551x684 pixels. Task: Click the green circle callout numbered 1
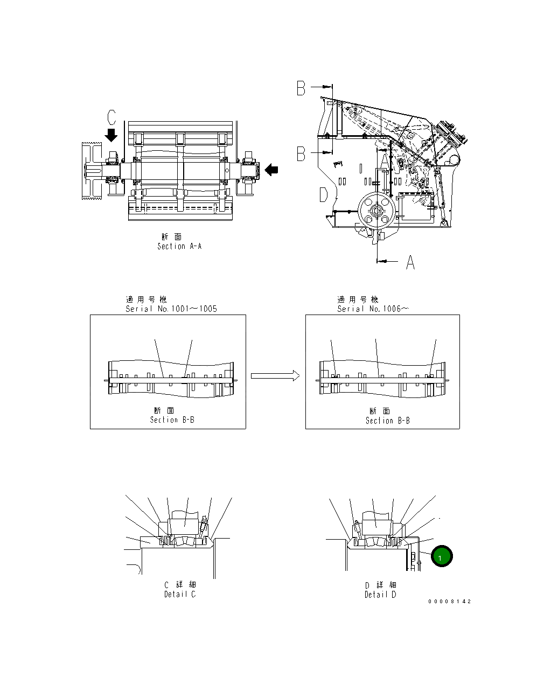pos(441,557)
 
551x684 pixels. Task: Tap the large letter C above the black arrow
pos(111,117)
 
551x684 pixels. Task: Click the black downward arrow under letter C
pos(111,134)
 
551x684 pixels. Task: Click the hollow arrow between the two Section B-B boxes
pos(275,375)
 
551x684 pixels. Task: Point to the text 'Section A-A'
pos(179,246)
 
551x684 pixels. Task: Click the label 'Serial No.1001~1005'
pos(171,309)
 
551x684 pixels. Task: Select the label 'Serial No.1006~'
pos(373,309)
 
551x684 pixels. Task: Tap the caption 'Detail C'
pos(180,594)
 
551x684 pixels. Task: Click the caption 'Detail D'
pos(380,594)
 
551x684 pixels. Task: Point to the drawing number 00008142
pos(450,601)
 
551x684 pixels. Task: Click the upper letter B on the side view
pos(302,88)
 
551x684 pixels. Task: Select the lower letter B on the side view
pos(302,154)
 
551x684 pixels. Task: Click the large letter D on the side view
pos(323,194)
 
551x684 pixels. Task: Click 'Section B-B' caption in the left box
pos(172,420)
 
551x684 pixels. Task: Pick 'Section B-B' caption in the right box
pos(387,420)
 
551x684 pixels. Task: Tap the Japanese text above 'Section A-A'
pos(172,237)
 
